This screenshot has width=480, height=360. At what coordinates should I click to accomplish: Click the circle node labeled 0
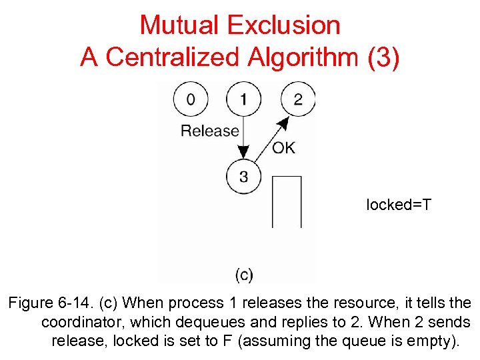coord(191,99)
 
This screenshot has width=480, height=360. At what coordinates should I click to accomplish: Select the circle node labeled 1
coord(243,99)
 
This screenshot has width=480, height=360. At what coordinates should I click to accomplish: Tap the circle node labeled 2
coord(297,99)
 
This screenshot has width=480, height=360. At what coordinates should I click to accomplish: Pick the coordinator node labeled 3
coord(243,177)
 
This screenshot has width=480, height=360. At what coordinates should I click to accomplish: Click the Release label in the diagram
coord(209,131)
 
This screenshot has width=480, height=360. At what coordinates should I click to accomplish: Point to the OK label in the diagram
coord(283,148)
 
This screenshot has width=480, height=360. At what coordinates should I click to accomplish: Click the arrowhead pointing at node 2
coord(285,123)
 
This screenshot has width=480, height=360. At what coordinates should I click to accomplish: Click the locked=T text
coord(399,205)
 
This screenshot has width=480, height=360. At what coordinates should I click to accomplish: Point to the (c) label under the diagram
coord(244,274)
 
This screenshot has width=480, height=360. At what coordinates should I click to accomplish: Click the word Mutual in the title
coord(179,25)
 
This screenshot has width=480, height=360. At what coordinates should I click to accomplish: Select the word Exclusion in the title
coord(283,25)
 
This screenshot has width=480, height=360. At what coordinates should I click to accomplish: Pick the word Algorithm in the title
coord(307,58)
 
